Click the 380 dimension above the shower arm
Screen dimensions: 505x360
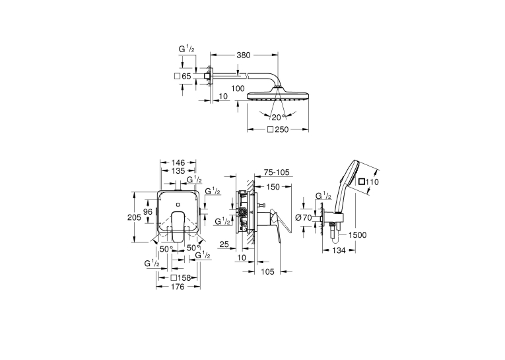point(243,55)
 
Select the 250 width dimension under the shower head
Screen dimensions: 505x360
point(279,129)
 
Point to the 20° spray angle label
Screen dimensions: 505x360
point(279,118)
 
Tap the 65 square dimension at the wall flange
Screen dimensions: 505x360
point(182,77)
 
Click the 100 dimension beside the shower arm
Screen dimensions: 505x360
point(238,89)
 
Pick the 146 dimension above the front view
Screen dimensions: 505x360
point(178,162)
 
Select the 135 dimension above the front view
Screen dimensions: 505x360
point(178,171)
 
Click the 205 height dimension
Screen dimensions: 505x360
point(134,217)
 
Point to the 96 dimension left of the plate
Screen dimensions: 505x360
point(148,212)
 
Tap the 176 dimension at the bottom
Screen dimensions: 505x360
point(178,287)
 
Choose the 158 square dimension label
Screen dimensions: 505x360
point(181,278)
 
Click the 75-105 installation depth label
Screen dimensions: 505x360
point(277,173)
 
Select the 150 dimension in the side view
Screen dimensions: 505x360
point(273,187)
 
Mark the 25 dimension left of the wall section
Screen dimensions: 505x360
point(224,244)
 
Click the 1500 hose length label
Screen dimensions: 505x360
point(357,235)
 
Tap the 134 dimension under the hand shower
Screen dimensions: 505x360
point(339,250)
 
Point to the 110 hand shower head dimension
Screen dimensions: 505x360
point(369,182)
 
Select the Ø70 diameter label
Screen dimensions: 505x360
point(304,218)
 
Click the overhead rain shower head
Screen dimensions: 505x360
point(278,94)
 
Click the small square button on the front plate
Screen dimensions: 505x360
point(178,204)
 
